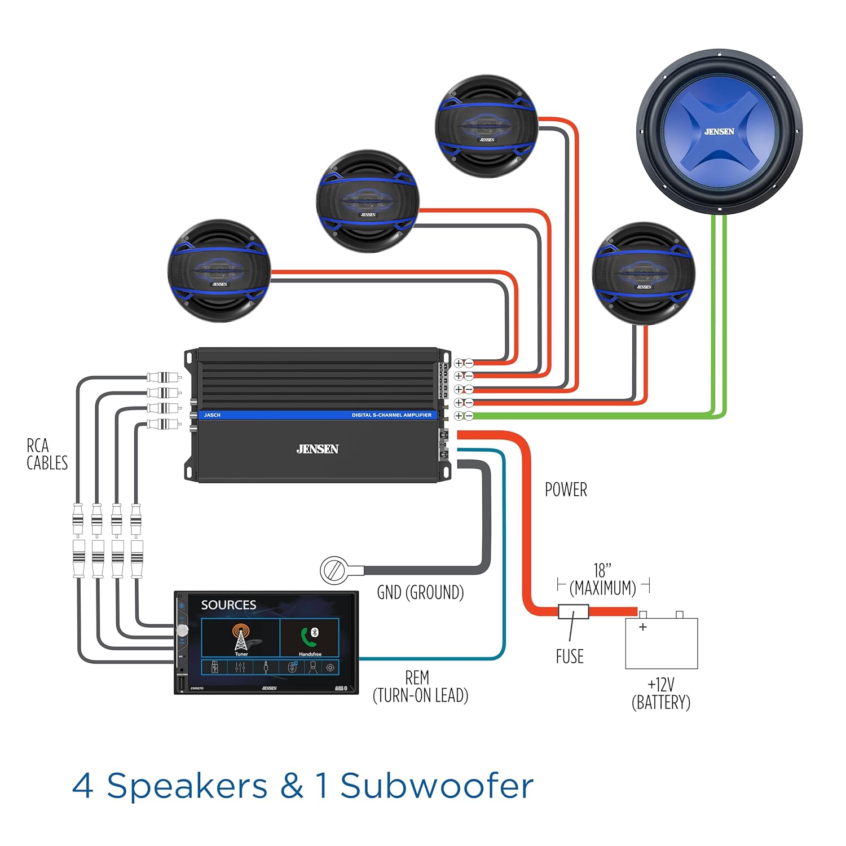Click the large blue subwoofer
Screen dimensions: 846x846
719,131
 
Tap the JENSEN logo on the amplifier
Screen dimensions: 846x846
318,449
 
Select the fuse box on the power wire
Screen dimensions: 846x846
573,611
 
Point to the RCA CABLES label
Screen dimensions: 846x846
47,454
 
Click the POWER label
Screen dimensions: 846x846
566,490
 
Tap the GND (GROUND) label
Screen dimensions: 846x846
420,593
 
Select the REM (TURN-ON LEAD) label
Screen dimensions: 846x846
420,686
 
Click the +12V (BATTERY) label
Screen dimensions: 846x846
661,694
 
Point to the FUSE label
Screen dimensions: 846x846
570,656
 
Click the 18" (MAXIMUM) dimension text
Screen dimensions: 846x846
602,579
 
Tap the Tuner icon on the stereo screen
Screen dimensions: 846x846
241,638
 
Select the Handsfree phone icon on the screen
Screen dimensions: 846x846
310,638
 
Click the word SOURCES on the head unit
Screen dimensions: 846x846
228,605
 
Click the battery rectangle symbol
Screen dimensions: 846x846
662,644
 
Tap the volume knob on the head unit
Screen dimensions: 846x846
182,631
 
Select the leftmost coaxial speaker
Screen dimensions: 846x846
219,271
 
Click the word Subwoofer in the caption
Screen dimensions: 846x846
437,786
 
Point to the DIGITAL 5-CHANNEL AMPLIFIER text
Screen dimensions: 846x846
391,415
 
